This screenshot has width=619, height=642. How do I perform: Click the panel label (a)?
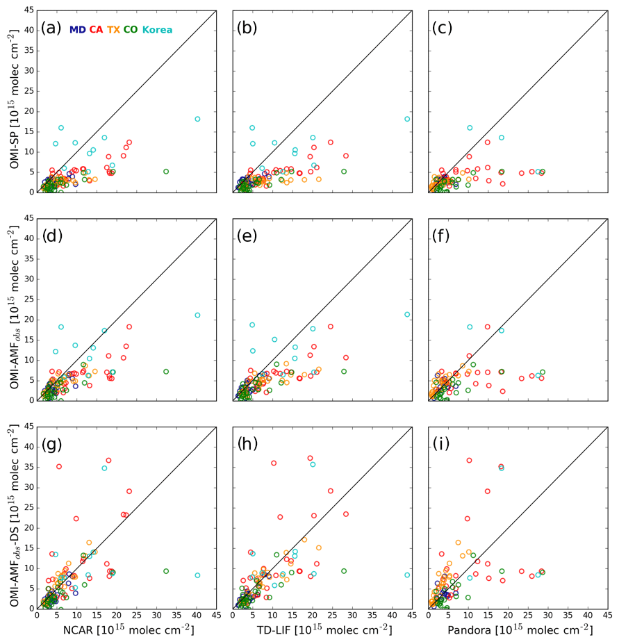(51, 28)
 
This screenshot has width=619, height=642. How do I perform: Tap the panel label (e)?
(247, 237)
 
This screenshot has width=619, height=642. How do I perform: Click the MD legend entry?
(78, 30)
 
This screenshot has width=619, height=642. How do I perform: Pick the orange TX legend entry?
(113, 30)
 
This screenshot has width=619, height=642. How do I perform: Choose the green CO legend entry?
(131, 30)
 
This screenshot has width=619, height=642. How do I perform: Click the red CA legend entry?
(96, 30)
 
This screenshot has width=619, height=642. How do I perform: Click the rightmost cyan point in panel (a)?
(197, 119)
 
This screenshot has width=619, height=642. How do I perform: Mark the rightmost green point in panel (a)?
(166, 171)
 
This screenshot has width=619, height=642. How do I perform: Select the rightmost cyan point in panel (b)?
(407, 119)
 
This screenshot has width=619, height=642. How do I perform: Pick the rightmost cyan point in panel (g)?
(197, 575)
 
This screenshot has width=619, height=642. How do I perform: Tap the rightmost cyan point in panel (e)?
(407, 314)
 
